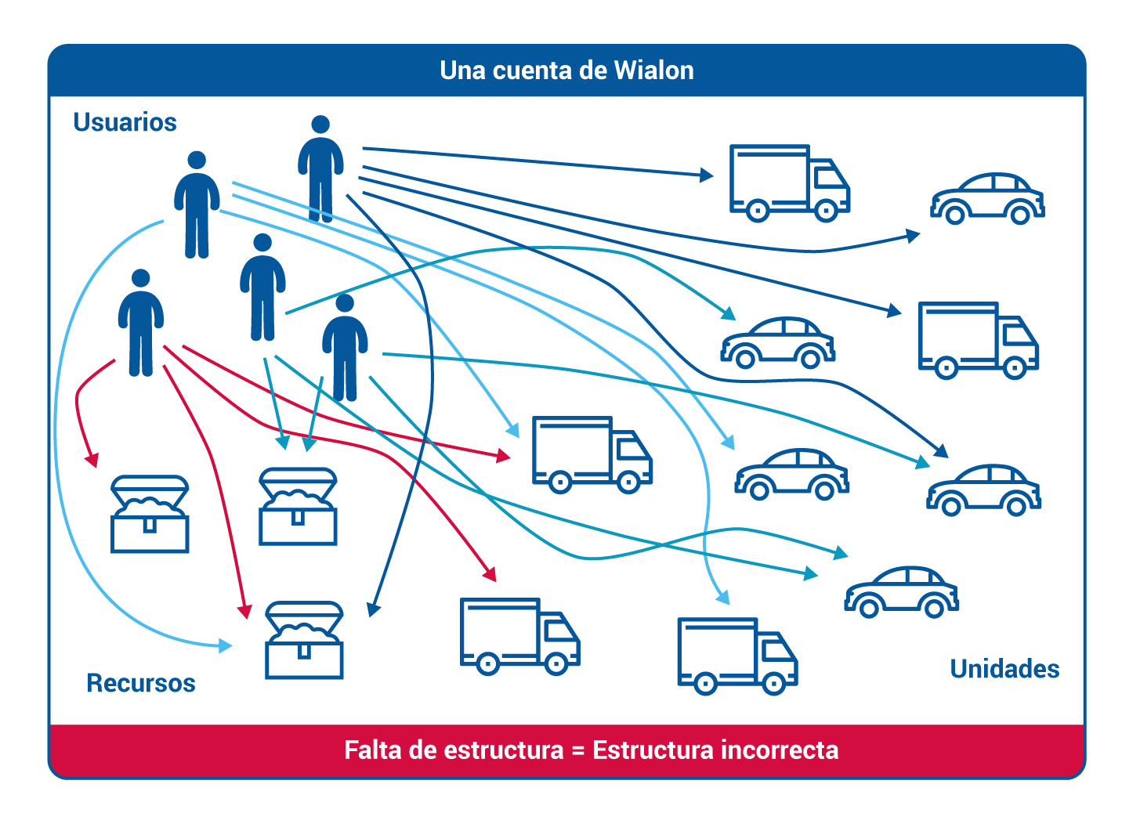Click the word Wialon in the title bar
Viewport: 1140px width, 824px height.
[x=653, y=70]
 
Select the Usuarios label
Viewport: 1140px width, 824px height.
[x=125, y=122]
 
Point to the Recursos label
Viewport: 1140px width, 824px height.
[x=141, y=683]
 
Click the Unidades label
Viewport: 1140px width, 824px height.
[x=1004, y=669]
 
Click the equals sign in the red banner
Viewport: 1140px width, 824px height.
[x=578, y=751]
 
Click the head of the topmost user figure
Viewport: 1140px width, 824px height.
[x=320, y=125]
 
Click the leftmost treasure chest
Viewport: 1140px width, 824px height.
[x=150, y=514]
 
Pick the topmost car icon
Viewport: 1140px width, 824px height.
[x=987, y=199]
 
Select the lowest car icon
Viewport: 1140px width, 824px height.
[x=901, y=592]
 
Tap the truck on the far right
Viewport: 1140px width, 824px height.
[x=979, y=340]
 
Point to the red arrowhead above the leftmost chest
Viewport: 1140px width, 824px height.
[x=92, y=460]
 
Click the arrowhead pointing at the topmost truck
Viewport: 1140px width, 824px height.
[x=707, y=175]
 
